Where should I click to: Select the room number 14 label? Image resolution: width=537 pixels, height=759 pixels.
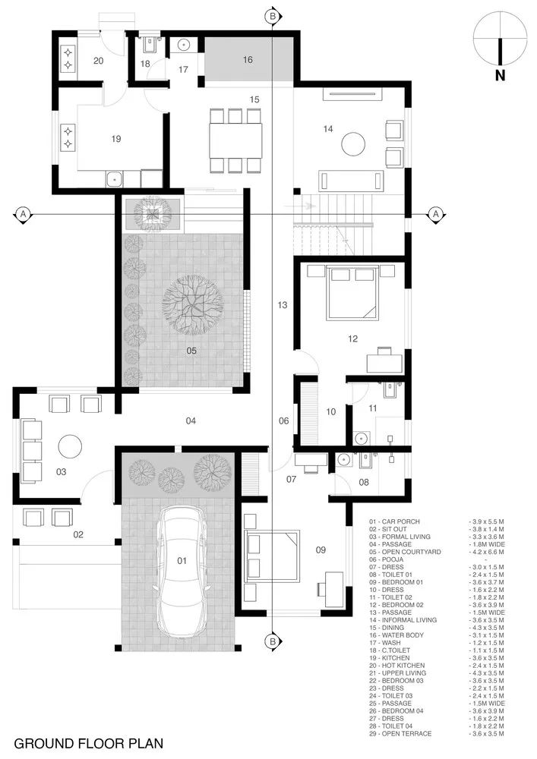[x=327, y=129]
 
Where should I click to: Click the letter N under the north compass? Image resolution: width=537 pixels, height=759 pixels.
[x=499, y=74]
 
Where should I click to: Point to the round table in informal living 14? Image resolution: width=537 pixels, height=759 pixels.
[x=353, y=143]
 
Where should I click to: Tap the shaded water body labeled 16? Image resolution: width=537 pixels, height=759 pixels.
[x=248, y=60]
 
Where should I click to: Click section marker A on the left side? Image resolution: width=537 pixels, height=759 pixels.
[x=23, y=215]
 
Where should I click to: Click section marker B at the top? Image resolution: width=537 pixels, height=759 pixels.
[x=273, y=14]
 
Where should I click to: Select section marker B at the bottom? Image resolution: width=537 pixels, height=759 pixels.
[x=273, y=643]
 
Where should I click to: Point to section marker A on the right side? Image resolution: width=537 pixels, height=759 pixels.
[x=436, y=215]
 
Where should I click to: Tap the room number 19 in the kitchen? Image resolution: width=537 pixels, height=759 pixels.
[x=115, y=139]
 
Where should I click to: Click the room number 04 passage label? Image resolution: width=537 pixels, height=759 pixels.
[x=191, y=420]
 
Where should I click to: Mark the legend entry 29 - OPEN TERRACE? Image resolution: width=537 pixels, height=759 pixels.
[x=402, y=734]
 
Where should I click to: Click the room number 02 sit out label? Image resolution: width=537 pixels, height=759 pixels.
[x=77, y=534]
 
